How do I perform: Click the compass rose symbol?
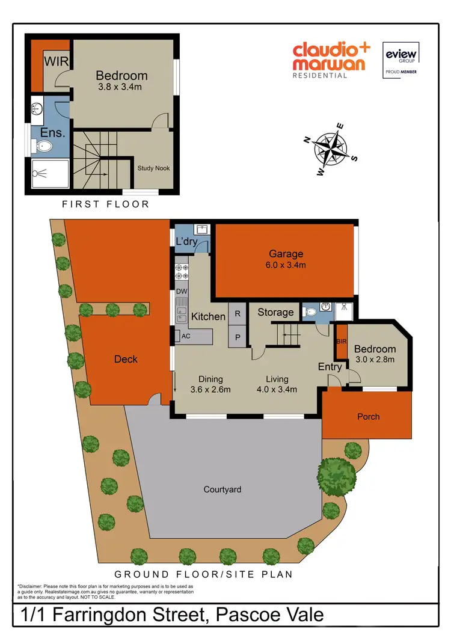coord(330,149)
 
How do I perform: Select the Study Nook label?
coord(153,168)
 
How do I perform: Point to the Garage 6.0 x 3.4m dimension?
coord(286,265)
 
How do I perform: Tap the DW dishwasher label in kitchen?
coord(182,292)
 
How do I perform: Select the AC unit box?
coord(186,336)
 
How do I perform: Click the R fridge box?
coord(238,314)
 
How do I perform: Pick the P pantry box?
coord(238,337)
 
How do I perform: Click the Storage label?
coord(275,312)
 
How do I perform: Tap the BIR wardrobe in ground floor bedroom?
coord(341,341)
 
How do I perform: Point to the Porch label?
coord(368,416)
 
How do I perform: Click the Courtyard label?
coord(222,489)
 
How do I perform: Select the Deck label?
coord(126,359)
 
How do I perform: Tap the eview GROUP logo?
coord(400,59)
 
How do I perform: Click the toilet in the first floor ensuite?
coord(44,146)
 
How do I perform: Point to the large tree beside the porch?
coord(337,476)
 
